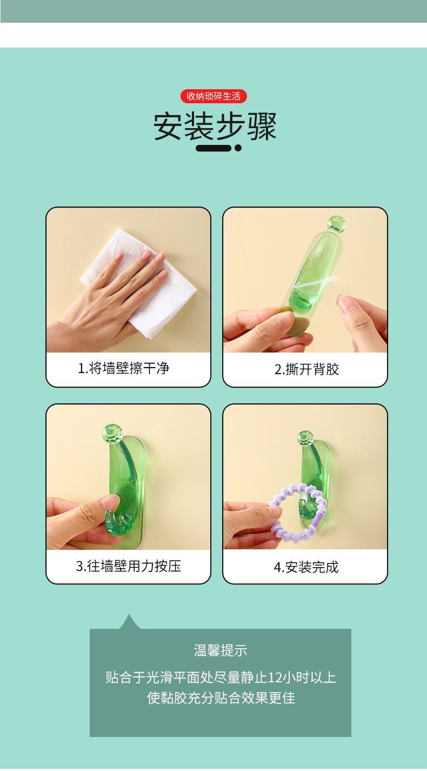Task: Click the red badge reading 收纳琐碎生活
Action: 213,96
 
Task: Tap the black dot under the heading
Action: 238,148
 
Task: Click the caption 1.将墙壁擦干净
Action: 123,369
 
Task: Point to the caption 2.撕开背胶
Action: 306,370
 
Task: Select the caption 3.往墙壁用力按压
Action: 128,566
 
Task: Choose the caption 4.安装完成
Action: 306,567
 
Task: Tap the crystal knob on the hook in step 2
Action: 336,223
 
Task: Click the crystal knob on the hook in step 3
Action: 112,433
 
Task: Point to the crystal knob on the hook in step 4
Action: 305,438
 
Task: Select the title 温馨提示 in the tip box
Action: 220,650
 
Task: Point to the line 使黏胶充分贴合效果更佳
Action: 221,697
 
